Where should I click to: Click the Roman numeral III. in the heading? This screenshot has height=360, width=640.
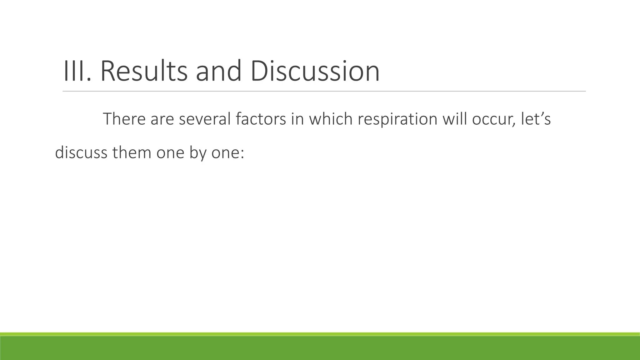coord(77,71)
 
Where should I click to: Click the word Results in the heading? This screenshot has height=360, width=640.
coord(144,71)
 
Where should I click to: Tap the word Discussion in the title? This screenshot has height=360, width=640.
coord(315,71)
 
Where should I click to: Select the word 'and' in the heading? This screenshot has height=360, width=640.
coord(218,71)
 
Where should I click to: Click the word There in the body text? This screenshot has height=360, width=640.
coord(124,119)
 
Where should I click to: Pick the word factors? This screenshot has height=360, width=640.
coord(261,119)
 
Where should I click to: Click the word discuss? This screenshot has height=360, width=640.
coord(81,153)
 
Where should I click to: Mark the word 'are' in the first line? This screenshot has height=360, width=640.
coord(162,120)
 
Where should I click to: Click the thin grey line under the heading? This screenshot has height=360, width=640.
coord(324,91)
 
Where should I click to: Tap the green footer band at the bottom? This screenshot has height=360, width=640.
coord(320,347)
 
